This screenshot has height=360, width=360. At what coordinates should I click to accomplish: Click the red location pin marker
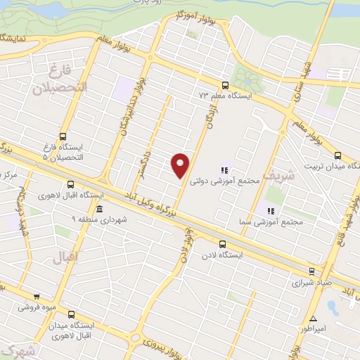click(x=181, y=165)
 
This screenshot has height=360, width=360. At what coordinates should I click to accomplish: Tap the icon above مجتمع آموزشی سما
click(x=269, y=210)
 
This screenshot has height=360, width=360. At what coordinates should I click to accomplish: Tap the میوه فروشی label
click(x=37, y=307)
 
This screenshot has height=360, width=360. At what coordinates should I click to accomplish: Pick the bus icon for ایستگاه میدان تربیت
click(x=338, y=155)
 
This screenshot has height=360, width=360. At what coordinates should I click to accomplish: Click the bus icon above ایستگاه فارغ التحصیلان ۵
click(x=64, y=136)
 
